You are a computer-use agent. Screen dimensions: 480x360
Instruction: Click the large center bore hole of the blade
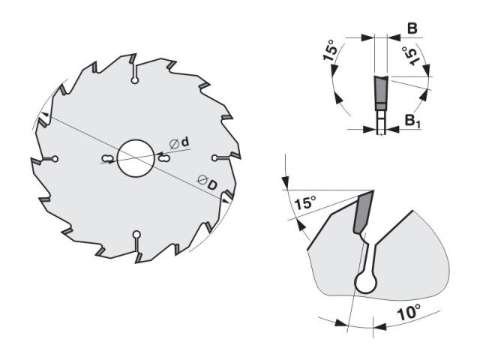tap(135, 158)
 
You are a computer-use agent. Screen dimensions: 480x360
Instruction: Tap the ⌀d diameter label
tap(179, 143)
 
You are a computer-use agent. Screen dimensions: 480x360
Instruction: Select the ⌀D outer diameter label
tap(207, 182)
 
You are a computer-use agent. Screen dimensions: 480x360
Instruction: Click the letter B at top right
tap(412, 28)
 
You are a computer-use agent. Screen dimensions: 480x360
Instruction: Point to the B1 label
tap(413, 120)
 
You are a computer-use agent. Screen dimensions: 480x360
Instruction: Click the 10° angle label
tap(409, 312)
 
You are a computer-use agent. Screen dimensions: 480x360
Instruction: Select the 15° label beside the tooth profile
tap(304, 202)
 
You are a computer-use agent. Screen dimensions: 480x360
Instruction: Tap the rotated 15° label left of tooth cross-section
tap(330, 50)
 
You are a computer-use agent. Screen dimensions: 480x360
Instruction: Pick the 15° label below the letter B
tap(410, 55)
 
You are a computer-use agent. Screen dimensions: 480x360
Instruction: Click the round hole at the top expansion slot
tap(134, 80)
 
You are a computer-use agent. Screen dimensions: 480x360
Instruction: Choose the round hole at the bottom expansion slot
tap(136, 235)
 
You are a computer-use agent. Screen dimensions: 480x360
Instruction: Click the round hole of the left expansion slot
tap(55, 159)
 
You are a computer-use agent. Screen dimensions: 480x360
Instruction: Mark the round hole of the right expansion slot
tap(214, 157)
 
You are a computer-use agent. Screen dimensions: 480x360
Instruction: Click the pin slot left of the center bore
tap(106, 158)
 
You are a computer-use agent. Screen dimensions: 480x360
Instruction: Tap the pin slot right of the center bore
tap(163, 158)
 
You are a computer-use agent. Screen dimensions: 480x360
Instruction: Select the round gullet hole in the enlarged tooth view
tap(365, 283)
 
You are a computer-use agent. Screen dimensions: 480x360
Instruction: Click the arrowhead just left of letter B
tap(367, 37)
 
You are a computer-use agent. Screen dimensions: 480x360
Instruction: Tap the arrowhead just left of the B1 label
tap(369, 130)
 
